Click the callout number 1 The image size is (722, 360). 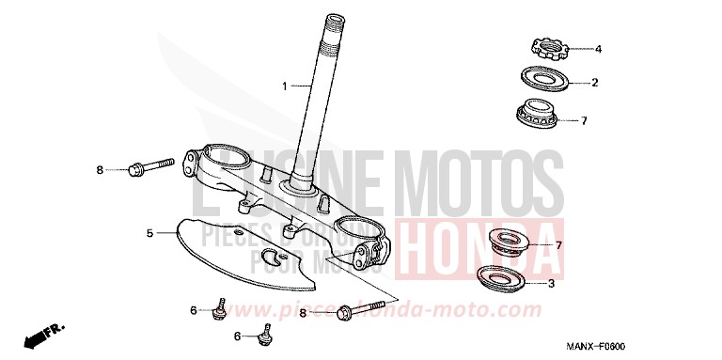pos(285,86)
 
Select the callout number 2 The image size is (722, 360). pos(595,83)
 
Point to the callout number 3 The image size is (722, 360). pos(551,281)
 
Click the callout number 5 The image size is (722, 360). pos(149,231)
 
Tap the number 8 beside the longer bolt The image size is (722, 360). pos(302,312)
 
